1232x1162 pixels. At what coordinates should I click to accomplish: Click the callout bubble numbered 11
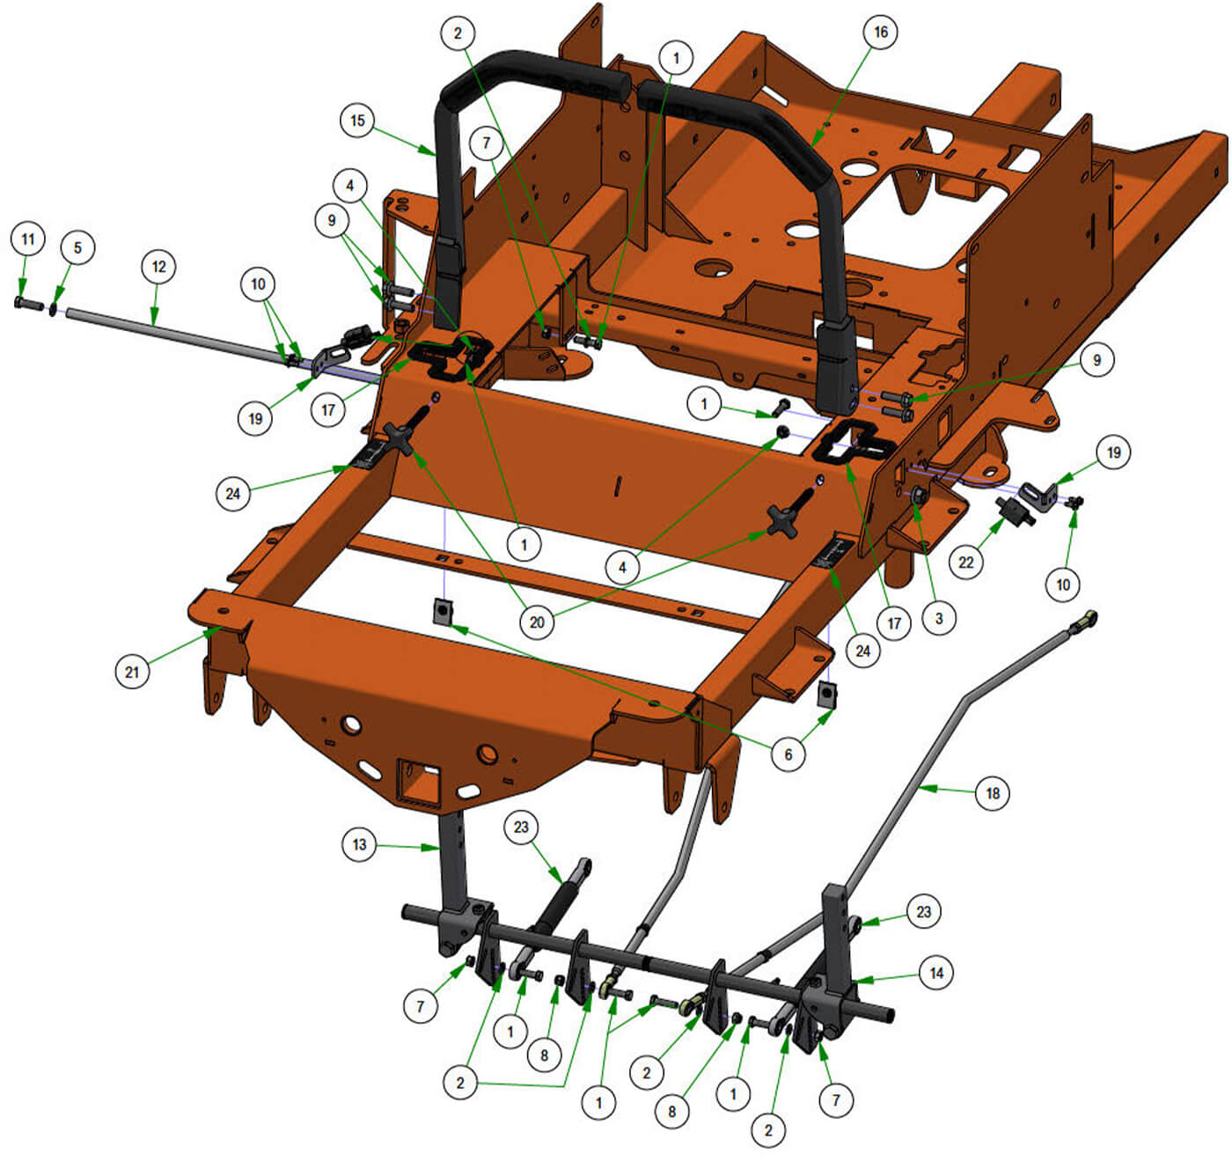28,239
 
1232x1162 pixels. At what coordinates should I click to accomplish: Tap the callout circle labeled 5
77,247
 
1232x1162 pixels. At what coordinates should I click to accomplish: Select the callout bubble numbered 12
158,267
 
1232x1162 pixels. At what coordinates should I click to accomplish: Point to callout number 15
358,120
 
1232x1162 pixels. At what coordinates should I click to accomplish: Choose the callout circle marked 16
881,32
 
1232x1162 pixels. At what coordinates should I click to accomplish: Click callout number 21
132,672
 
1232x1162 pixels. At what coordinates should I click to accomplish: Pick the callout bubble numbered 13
359,844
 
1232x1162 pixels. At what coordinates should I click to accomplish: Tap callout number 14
936,973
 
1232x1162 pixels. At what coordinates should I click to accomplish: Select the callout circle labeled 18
993,792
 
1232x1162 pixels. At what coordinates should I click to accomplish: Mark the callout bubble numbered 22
966,563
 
